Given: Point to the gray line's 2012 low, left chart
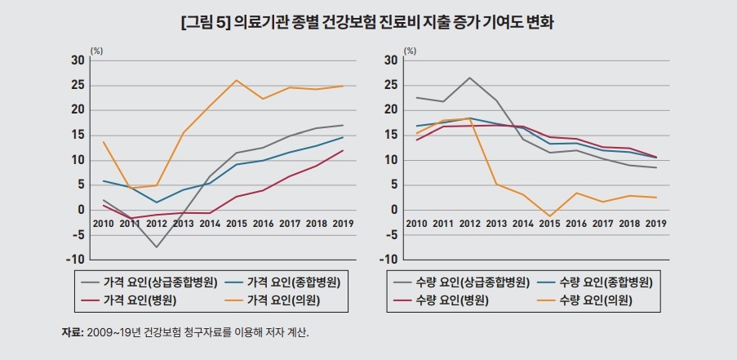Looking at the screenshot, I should tap(157, 247).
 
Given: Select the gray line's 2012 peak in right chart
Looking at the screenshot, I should tap(470, 78).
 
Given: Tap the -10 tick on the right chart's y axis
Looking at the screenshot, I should tap(388, 260).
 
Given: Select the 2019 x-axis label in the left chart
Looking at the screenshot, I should tap(343, 224).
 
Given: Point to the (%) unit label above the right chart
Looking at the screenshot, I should tap(411, 51).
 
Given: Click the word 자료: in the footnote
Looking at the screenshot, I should tap(72, 333).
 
